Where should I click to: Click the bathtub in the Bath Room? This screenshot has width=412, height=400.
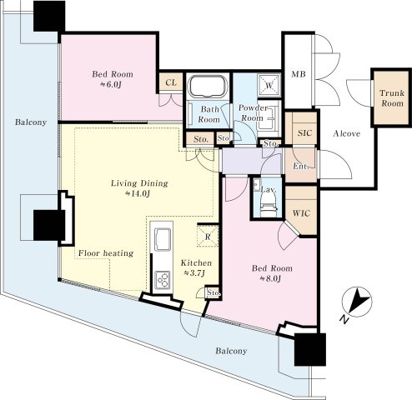208,86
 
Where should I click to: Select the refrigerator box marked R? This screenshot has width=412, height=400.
208,236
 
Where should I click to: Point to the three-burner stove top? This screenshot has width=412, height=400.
163,280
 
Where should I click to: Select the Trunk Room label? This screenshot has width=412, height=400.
392,98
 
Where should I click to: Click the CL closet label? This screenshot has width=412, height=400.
171,82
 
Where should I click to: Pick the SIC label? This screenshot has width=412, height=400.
305,133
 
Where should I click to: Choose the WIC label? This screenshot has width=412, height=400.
301,213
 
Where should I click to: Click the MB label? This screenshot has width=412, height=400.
299,74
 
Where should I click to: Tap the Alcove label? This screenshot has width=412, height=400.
347,133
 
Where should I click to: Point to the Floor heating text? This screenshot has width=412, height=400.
106,253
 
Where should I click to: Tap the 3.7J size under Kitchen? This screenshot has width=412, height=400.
194,273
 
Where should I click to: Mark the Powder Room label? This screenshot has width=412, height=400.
253,112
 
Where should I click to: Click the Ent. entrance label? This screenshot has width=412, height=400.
301,166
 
